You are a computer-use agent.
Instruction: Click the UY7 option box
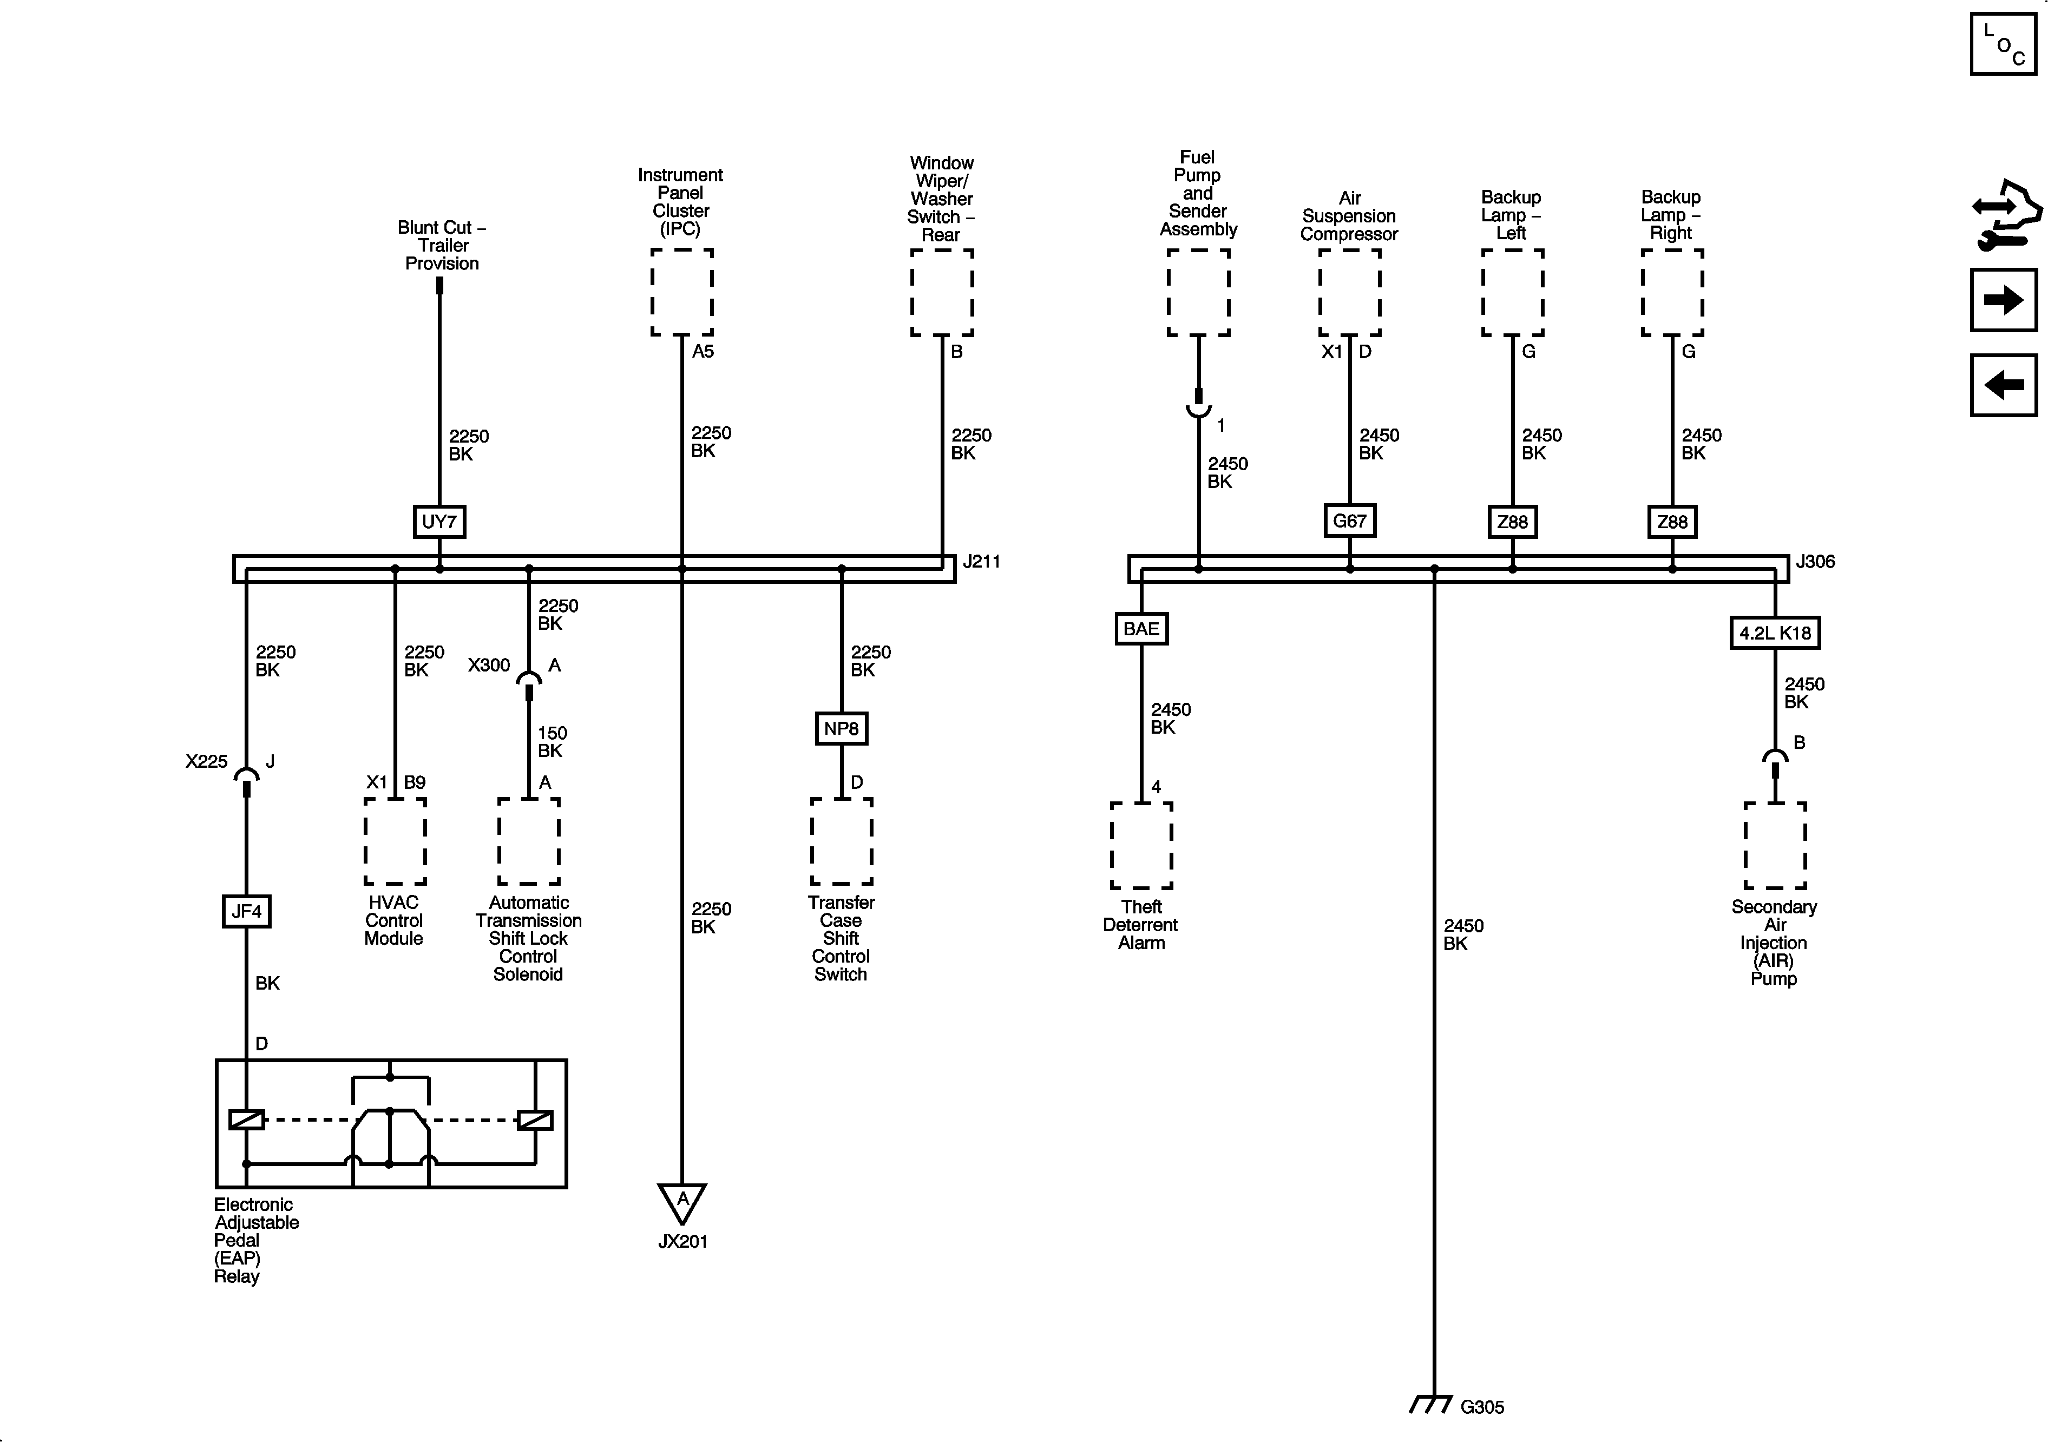[439, 522]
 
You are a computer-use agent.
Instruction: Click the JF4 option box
[246, 911]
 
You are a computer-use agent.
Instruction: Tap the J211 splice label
[981, 562]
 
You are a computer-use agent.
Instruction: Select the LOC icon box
[2003, 44]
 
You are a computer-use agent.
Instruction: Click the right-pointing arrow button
[2003, 300]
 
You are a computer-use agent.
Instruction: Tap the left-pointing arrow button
[2003, 385]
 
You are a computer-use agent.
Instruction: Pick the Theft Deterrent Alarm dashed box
[1141, 845]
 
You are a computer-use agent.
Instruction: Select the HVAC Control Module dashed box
[394, 841]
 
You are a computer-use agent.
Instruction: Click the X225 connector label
[206, 761]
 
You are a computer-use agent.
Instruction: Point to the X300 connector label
[489, 665]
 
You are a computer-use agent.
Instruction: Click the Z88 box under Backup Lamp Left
[1512, 522]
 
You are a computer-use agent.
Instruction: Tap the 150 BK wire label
[552, 742]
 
